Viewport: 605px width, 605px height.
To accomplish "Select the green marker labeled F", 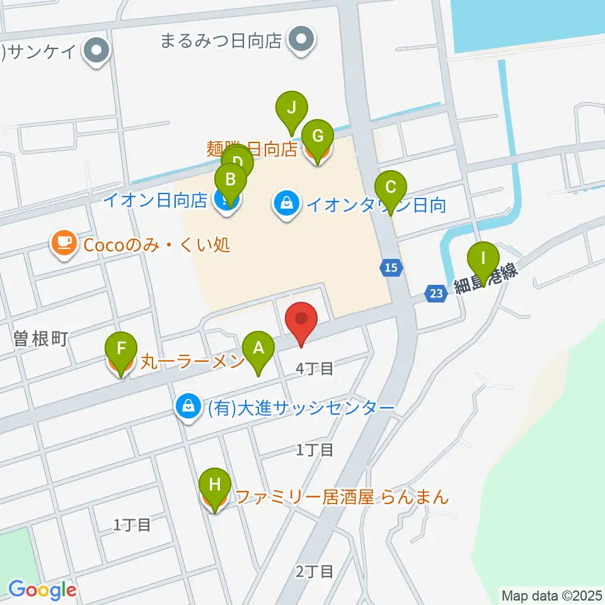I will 122,349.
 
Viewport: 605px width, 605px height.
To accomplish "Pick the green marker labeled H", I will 214,485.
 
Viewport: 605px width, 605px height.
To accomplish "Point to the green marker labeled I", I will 483,259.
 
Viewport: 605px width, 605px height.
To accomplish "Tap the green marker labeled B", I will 231,180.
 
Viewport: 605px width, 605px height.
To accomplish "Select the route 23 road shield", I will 437,292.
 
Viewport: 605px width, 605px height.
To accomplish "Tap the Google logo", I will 42,591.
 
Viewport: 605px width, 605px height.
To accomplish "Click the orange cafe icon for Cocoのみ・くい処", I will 64,244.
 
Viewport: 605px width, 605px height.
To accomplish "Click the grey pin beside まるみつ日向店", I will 302,40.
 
